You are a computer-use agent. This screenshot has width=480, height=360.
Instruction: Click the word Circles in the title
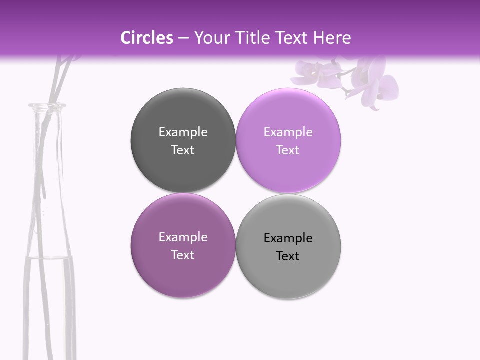tap(146, 38)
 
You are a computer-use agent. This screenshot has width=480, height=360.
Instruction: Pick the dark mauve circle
tap(183, 275)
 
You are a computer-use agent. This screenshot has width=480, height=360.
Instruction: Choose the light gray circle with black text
tap(288, 277)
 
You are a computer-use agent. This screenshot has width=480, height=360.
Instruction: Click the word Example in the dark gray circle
tap(183, 132)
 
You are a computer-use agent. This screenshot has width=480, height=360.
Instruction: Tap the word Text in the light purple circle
tap(288, 150)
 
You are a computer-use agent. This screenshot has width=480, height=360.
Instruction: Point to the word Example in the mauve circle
tap(183, 237)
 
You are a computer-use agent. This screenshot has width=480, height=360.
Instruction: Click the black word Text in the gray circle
tap(288, 256)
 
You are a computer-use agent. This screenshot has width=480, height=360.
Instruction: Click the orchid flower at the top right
tap(365, 80)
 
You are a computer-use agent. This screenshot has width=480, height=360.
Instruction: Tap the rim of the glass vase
tap(47, 106)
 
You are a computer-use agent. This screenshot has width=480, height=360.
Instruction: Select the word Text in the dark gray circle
tap(183, 150)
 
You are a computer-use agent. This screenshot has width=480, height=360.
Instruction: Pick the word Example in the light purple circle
tap(288, 132)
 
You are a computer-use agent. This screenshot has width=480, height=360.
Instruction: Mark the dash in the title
tap(183, 38)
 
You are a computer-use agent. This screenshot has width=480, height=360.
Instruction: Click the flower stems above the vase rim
tap(60, 80)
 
